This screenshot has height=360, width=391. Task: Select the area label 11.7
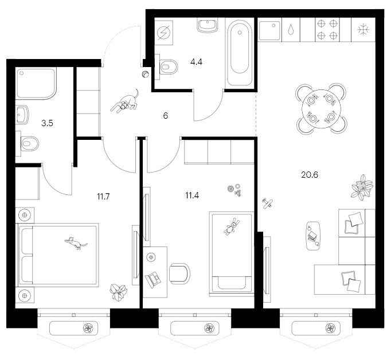(x=103, y=197)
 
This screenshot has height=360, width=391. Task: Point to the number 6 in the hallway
(x=165, y=115)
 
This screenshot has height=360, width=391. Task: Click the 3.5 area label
(x=48, y=122)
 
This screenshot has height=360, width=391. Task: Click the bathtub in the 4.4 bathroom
(x=239, y=53)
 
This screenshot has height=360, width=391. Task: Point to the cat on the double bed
(x=75, y=243)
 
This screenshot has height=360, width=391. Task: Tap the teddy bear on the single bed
(x=232, y=228)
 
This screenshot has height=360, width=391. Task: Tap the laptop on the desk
(x=154, y=279)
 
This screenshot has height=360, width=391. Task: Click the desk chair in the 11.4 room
(x=180, y=273)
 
